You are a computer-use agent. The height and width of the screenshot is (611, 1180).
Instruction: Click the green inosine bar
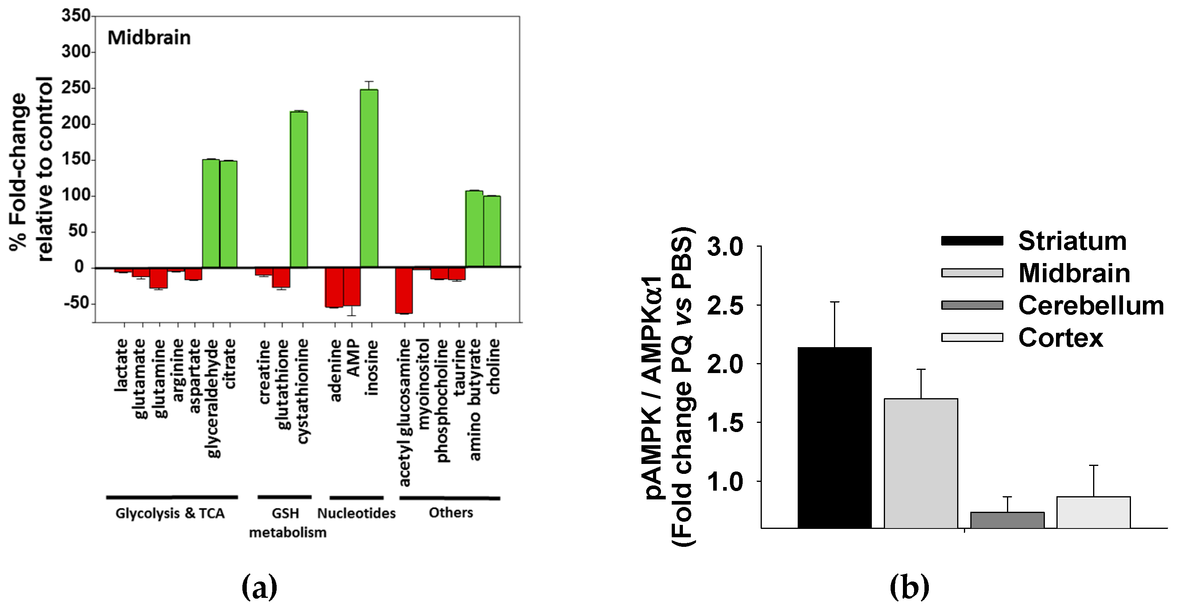(x=369, y=179)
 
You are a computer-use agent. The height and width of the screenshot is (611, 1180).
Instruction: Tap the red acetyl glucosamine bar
(x=404, y=291)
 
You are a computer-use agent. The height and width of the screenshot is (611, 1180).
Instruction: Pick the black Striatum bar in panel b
(x=835, y=437)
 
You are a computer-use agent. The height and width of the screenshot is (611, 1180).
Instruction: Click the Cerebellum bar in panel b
(x=1007, y=520)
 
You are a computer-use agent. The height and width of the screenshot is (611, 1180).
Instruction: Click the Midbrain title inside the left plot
(x=149, y=38)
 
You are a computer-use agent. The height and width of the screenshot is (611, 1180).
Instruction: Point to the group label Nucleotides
(x=356, y=513)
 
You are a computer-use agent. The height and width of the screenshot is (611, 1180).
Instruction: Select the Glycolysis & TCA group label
(x=170, y=513)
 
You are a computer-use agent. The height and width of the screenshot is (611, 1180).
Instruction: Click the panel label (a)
(x=259, y=587)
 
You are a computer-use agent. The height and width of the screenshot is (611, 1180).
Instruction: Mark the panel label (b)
(x=909, y=587)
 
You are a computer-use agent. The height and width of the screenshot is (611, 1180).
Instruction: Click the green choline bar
(x=492, y=231)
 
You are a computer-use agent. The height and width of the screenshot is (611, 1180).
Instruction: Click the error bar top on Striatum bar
(x=835, y=302)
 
